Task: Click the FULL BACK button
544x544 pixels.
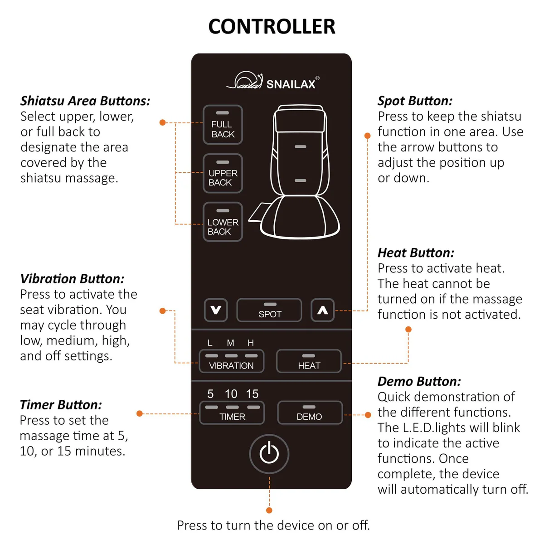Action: click(223, 125)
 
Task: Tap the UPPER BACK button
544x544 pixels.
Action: click(223, 174)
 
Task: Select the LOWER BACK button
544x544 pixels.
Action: click(223, 222)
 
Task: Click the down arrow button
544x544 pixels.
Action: click(216, 310)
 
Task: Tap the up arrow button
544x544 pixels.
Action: click(322, 310)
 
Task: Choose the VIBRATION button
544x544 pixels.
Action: click(231, 361)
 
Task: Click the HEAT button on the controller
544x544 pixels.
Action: click(309, 361)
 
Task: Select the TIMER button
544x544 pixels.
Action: click(232, 413)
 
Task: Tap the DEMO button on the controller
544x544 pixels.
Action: click(309, 413)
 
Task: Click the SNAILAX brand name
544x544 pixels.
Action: click(291, 84)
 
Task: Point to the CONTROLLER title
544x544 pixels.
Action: click(272, 27)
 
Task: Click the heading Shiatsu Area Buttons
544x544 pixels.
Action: click(85, 101)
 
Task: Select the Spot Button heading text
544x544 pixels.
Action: click(415, 101)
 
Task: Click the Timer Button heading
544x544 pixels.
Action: click(61, 404)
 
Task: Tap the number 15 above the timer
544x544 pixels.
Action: click(252, 394)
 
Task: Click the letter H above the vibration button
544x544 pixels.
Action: click(251, 343)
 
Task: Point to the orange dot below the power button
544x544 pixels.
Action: click(269, 510)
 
